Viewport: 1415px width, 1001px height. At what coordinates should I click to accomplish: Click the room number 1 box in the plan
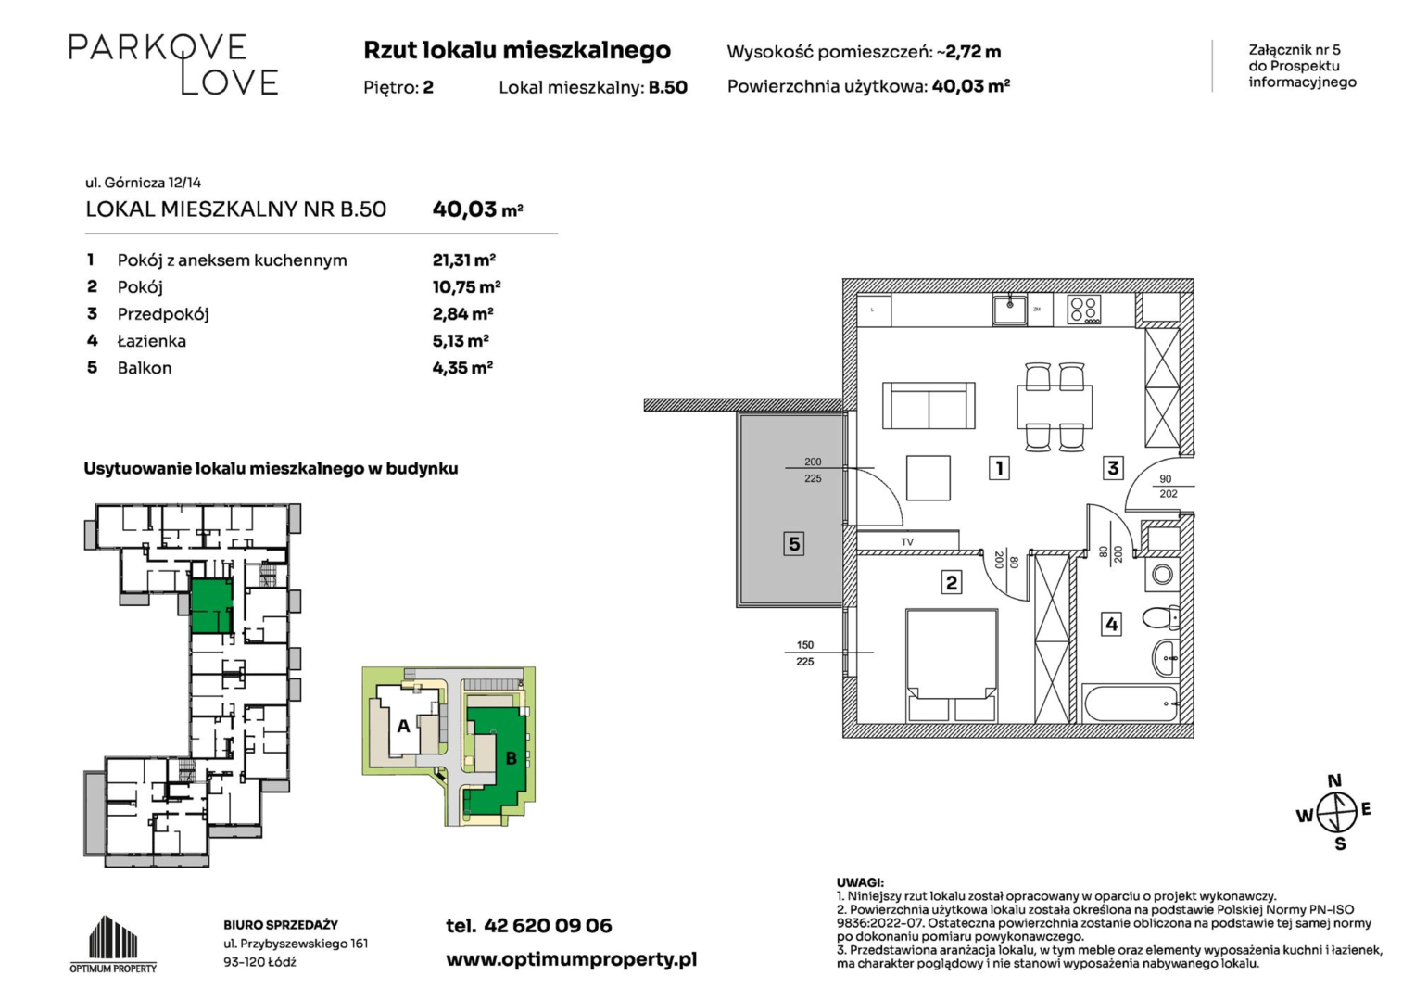click(999, 468)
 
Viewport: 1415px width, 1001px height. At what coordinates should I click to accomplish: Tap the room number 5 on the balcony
click(794, 543)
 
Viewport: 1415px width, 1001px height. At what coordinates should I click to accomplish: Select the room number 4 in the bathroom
click(1111, 625)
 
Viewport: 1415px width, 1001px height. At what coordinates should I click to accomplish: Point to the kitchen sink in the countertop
click(1009, 310)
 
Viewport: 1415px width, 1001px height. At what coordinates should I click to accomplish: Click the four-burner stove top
click(1084, 310)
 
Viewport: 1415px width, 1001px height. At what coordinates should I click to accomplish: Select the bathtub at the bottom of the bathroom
click(1131, 703)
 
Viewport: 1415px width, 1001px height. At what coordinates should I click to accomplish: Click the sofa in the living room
click(929, 405)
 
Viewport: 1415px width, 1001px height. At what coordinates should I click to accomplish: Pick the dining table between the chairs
click(1055, 406)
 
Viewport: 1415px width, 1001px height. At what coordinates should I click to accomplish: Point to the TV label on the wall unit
click(907, 542)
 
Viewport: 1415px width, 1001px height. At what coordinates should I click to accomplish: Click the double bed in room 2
click(952, 665)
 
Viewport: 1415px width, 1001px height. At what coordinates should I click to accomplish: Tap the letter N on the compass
click(1334, 780)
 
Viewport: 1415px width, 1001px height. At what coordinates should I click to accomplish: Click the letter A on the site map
click(403, 726)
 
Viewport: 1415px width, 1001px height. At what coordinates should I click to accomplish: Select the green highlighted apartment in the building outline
click(211, 606)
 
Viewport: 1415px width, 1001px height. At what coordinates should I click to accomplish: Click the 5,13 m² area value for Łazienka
click(461, 341)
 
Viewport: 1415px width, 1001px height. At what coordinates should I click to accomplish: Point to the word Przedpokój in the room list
click(163, 314)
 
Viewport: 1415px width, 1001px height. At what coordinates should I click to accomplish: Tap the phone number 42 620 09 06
click(548, 926)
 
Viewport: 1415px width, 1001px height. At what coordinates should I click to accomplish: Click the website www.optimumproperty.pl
click(572, 960)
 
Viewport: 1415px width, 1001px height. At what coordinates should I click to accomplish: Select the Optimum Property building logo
click(113, 944)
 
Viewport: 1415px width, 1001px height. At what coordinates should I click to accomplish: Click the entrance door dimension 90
click(1166, 479)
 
